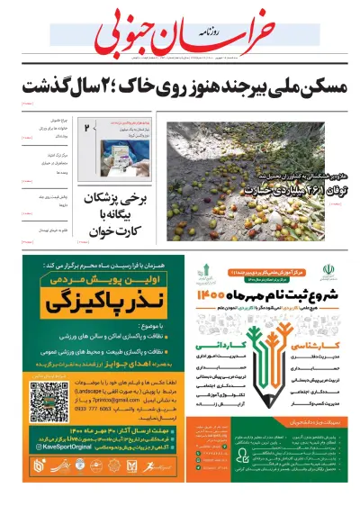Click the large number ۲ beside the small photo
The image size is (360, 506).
[x=88, y=130]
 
